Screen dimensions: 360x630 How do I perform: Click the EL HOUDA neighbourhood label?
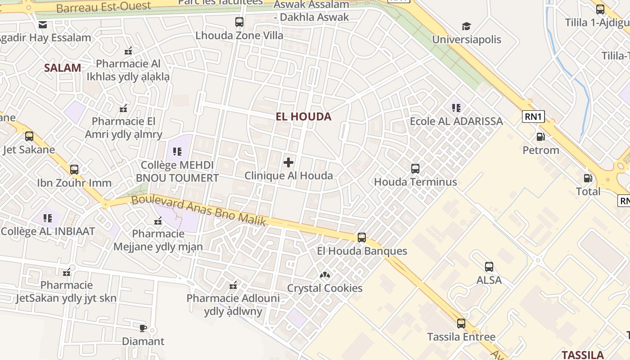click(x=303, y=117)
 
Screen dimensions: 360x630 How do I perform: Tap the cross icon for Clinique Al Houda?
click(x=288, y=162)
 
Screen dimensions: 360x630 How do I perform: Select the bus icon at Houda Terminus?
click(x=415, y=169)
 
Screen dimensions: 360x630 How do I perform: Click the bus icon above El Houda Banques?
click(x=362, y=238)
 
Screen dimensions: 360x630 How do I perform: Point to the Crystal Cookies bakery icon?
click(x=325, y=274)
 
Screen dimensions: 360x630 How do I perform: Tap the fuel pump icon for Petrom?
click(x=540, y=137)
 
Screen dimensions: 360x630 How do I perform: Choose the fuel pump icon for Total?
click(x=588, y=178)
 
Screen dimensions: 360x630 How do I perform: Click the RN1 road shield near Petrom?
click(x=534, y=117)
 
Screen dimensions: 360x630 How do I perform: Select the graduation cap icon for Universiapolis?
click(x=466, y=26)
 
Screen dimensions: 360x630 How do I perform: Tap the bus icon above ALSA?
click(x=489, y=267)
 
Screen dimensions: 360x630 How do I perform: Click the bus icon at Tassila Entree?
click(x=461, y=324)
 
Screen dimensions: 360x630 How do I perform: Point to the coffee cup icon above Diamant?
click(x=143, y=328)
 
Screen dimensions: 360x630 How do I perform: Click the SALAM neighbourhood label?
click(x=63, y=68)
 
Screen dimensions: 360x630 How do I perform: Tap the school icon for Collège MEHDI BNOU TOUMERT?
click(x=177, y=152)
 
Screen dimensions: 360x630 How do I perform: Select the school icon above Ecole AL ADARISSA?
click(x=456, y=108)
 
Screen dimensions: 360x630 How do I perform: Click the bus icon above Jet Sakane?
click(x=29, y=136)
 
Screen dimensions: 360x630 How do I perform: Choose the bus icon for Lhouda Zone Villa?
click(x=239, y=22)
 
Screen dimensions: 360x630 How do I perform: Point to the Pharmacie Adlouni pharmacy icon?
click(x=233, y=285)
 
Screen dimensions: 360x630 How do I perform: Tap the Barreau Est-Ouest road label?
click(x=103, y=7)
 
